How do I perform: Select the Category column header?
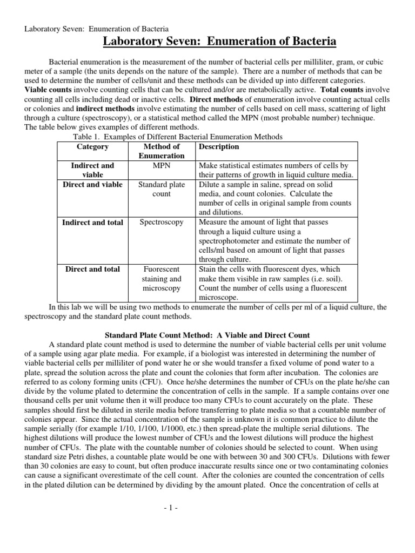click(92, 147)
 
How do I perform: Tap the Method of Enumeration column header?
click(162, 151)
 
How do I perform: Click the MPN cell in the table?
click(162, 166)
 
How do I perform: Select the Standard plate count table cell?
click(162, 189)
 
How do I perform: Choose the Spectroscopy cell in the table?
click(162, 222)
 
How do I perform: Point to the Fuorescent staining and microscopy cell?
click(162, 279)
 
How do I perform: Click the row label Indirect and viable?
click(92, 170)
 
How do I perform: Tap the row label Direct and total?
click(92, 269)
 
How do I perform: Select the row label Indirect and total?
click(92, 222)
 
